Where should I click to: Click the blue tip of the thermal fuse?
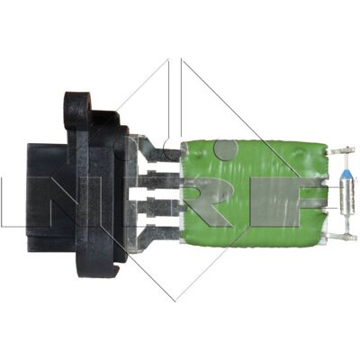[x=346, y=175]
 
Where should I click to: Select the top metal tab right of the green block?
[x=340, y=151]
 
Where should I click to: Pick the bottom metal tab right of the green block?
[x=340, y=237]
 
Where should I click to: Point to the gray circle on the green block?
[x=227, y=149]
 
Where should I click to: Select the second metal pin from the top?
[x=159, y=179]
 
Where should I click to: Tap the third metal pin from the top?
[x=160, y=207]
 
